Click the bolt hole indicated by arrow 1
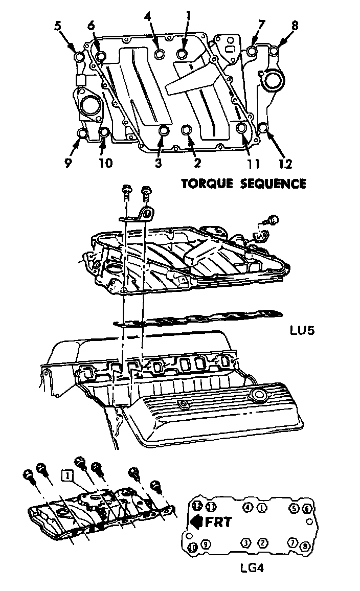[183, 54]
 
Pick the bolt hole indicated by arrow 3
[164, 132]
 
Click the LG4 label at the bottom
[251, 567]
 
